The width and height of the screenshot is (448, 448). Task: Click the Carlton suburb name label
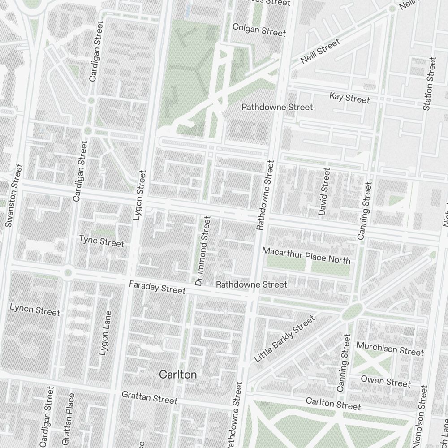pyautogui.click(x=178, y=375)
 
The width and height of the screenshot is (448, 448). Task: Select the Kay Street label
pyautogui.click(x=349, y=97)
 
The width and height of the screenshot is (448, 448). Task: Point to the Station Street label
pyautogui.click(x=429, y=84)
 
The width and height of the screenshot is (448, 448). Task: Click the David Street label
pyautogui.click(x=324, y=191)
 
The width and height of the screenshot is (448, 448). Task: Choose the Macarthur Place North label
pyautogui.click(x=306, y=255)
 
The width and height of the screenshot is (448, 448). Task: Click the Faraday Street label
pyautogui.click(x=157, y=288)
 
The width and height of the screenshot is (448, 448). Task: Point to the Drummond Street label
pyautogui.click(x=202, y=251)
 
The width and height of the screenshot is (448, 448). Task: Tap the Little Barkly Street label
pyautogui.click(x=284, y=339)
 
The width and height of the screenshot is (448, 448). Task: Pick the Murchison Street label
pyautogui.click(x=390, y=349)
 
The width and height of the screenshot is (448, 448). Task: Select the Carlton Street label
pyautogui.click(x=333, y=403)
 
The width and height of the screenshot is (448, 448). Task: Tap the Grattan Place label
pyautogui.click(x=71, y=419)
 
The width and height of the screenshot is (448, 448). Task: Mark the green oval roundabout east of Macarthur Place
pyautogui.click(x=352, y=311)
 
